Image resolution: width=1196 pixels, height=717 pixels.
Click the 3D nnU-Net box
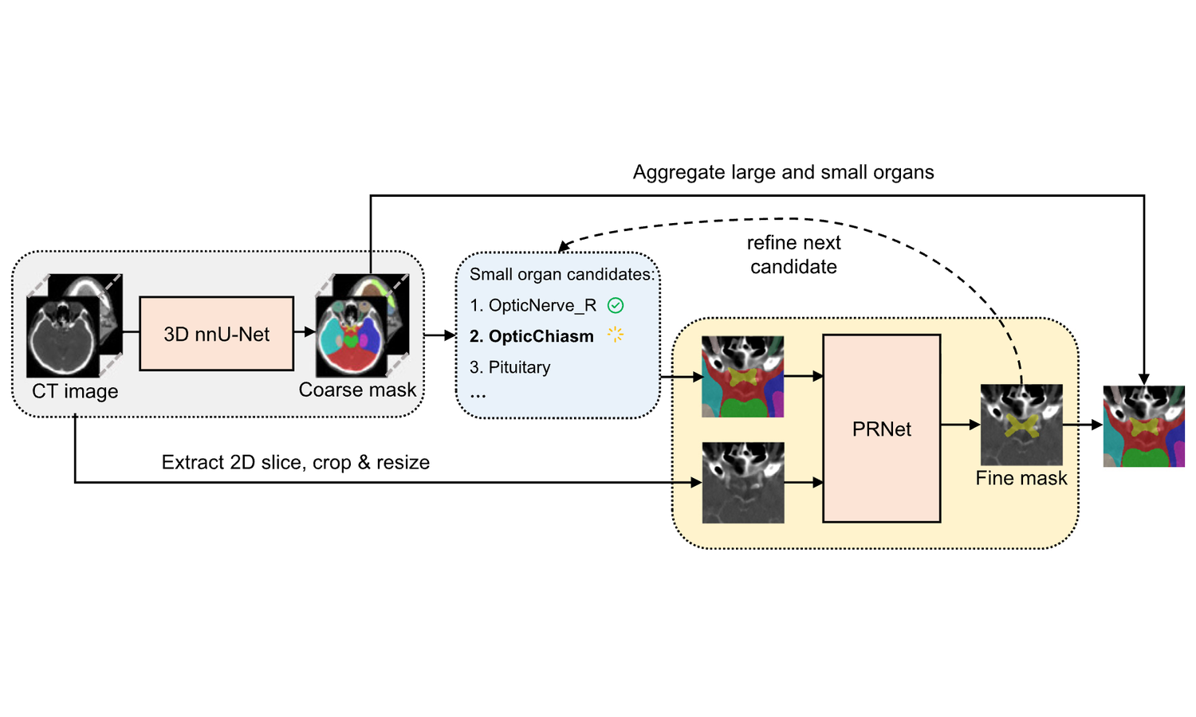tap(216, 334)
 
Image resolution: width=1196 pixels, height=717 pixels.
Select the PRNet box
tap(881, 429)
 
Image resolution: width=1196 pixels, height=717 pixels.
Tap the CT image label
tap(75, 391)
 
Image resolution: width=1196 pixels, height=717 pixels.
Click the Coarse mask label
tap(357, 390)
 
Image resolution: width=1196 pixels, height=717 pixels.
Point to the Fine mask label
tap(1021, 478)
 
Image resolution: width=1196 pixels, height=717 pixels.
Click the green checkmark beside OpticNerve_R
tap(616, 305)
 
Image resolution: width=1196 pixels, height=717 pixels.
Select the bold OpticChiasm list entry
tap(532, 336)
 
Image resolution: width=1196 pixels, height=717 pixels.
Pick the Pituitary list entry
tap(510, 367)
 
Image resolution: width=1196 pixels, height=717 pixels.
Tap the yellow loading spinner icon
tap(615, 335)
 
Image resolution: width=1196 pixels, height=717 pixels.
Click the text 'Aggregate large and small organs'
tap(783, 172)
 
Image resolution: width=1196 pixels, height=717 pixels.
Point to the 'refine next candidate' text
tap(793, 254)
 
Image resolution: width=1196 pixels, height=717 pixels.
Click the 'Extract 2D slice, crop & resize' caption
tap(295, 462)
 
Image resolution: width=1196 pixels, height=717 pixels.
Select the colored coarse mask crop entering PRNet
tap(742, 377)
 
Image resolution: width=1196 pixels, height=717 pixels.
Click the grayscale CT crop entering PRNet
tap(742, 483)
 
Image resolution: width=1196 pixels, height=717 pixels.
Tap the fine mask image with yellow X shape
tap(1021, 425)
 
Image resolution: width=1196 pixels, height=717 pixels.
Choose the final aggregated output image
tap(1143, 426)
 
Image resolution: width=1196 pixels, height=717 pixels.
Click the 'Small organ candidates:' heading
tap(561, 274)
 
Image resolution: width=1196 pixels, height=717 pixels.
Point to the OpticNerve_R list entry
tap(533, 305)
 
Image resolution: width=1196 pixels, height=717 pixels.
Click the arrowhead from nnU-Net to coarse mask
tap(310, 332)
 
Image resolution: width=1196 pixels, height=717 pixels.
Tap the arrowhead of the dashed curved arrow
tap(563, 247)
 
